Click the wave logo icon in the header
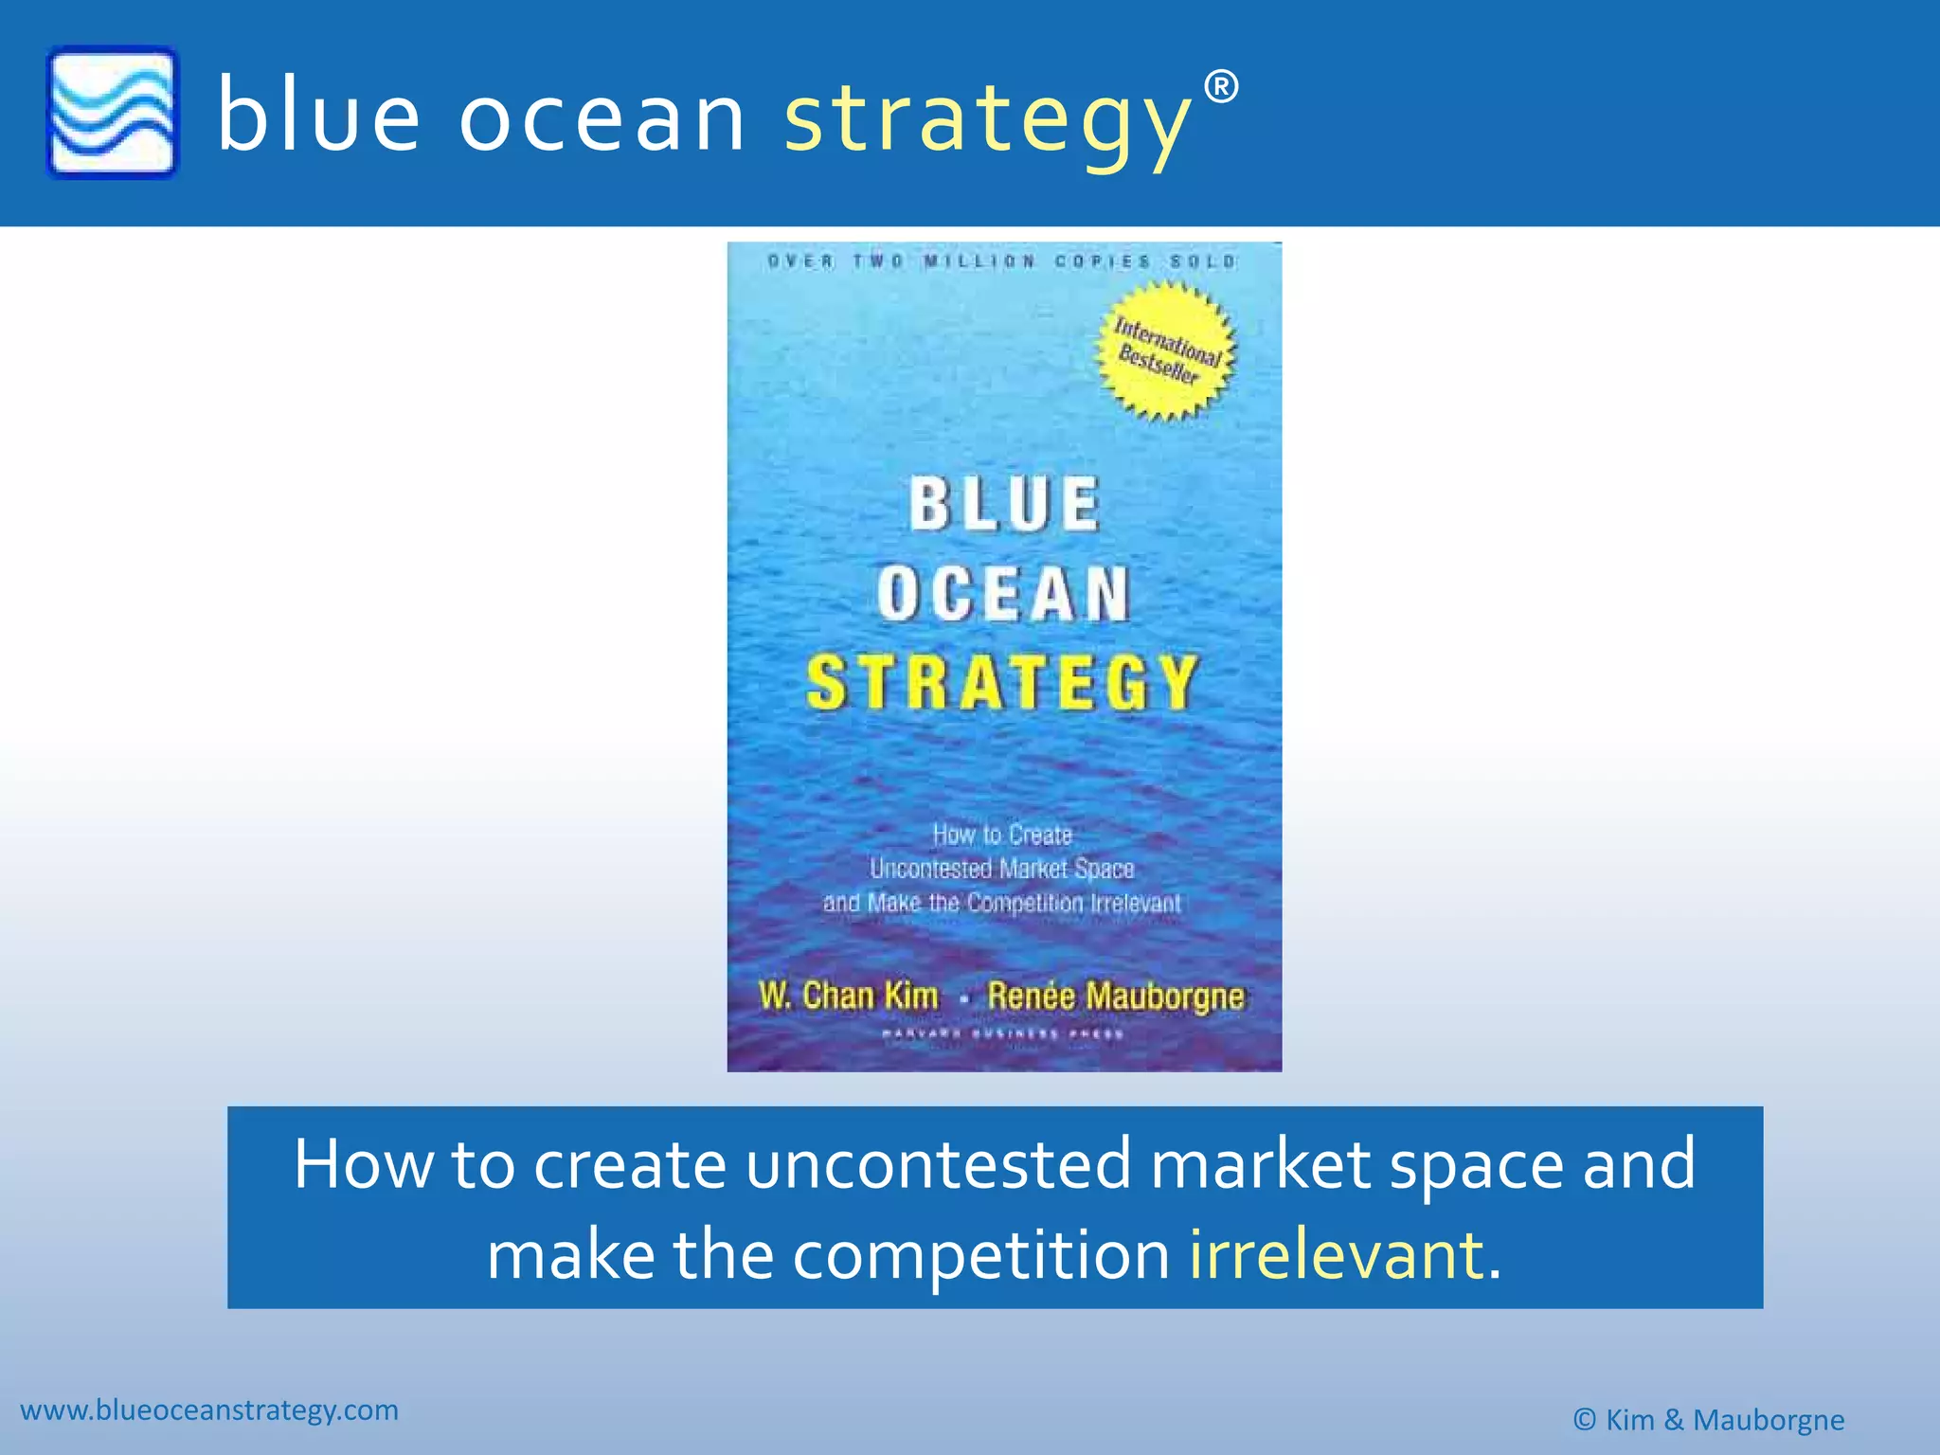[112, 113]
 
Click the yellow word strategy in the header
[986, 118]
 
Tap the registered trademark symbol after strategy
[1221, 87]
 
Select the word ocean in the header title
[602, 118]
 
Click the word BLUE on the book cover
[1005, 504]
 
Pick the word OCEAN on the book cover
[1004, 595]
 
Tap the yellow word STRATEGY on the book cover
[1003, 683]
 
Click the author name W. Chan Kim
[848, 996]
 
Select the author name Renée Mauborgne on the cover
[1115, 996]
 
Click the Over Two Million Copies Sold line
[1002, 261]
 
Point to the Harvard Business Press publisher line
[1003, 1034]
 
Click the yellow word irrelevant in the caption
[1336, 1254]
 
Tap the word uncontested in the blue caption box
[938, 1163]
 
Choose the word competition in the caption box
[981, 1254]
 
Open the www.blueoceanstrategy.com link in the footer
[209, 1410]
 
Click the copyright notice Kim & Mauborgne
[1708, 1420]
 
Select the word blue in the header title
[318, 118]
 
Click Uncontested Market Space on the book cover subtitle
[1002, 869]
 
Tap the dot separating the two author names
[963, 998]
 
